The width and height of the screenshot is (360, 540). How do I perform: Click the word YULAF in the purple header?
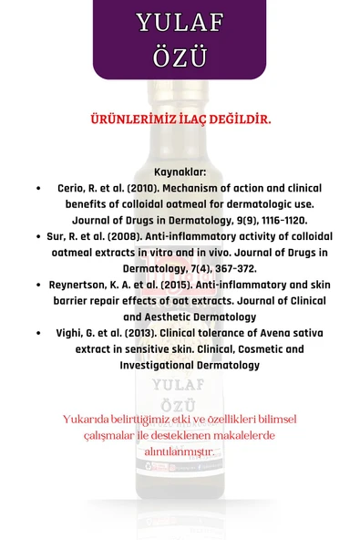[180, 24]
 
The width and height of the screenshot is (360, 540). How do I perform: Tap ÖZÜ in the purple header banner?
[180, 57]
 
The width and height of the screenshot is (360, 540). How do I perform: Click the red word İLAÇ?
[196, 119]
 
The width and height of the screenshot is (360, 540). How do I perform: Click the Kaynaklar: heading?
[180, 171]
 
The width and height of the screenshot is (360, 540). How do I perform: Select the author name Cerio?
[73, 188]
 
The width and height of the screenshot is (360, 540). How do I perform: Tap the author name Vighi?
[73, 333]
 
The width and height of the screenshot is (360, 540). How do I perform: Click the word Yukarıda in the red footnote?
[87, 419]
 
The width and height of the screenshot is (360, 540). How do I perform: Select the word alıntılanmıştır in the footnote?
[180, 451]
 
